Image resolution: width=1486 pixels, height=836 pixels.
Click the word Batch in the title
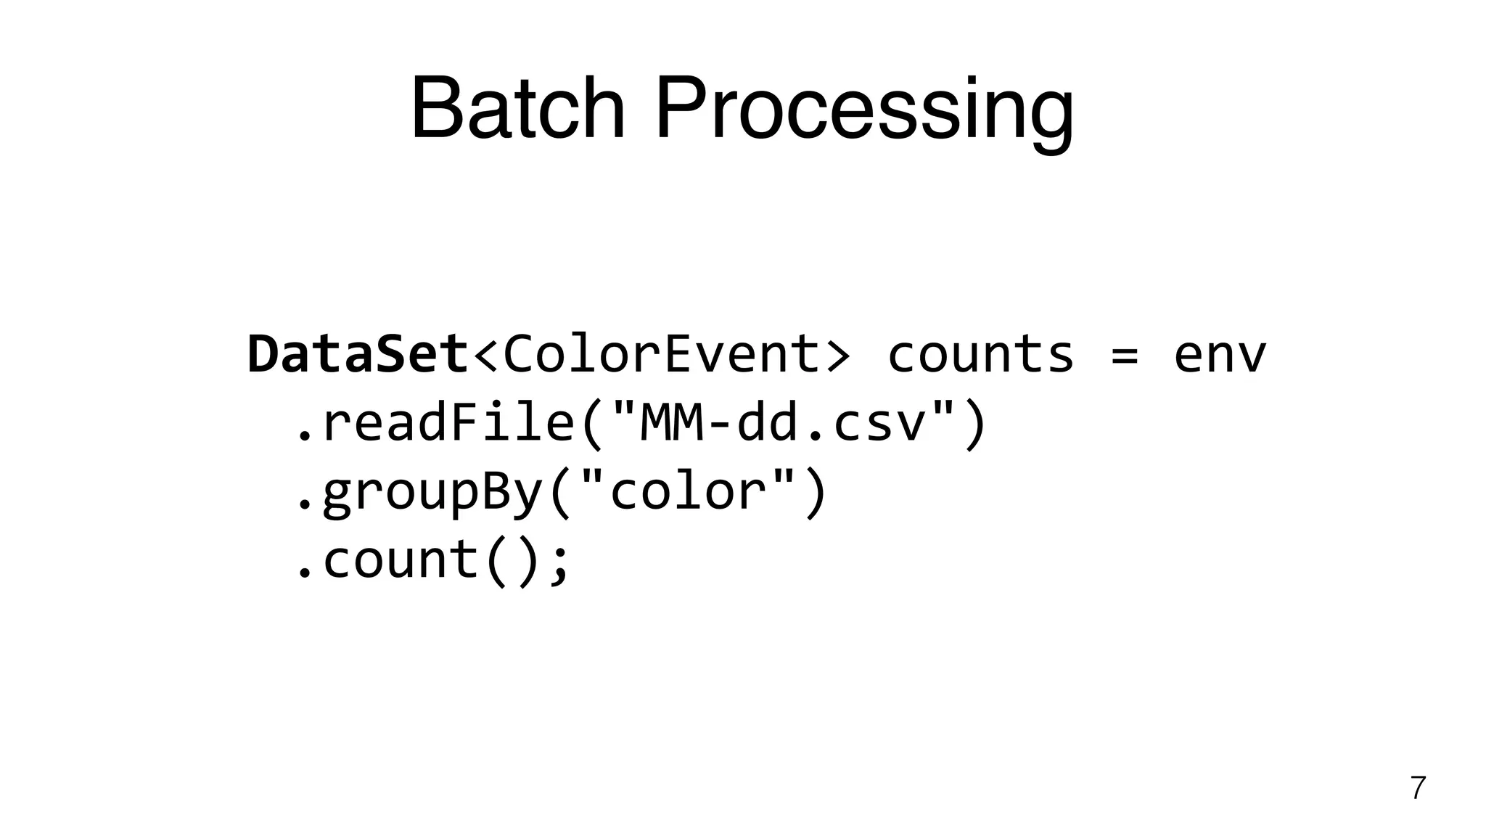pos(517,110)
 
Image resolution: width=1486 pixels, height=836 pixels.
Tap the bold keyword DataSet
pos(358,355)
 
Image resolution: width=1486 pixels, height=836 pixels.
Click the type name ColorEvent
pos(660,355)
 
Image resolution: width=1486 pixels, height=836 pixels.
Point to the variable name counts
pos(980,355)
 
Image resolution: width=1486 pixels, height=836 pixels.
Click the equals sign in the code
pos(1124,356)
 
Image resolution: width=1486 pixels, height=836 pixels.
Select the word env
pos(1220,356)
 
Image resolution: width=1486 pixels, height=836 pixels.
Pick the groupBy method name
pos(432,493)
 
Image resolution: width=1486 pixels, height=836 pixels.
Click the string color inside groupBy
pos(689,493)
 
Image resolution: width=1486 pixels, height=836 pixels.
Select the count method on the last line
pos(400,560)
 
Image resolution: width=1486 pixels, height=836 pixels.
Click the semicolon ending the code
pos(559,565)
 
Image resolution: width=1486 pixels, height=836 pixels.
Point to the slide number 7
pos(1418,788)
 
